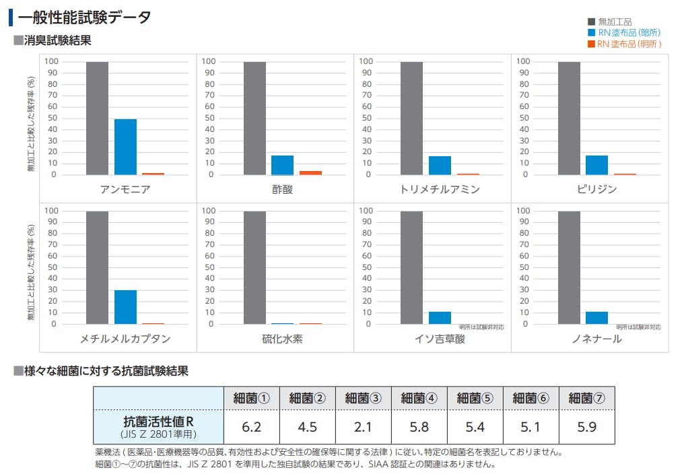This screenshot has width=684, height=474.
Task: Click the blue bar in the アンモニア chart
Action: (x=125, y=147)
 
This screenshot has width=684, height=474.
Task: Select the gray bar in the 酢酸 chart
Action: (x=254, y=118)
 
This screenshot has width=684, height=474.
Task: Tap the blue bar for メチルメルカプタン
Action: (x=125, y=307)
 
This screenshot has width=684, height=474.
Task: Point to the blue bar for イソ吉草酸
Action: (x=440, y=318)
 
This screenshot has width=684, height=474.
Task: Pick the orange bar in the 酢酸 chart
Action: (x=310, y=173)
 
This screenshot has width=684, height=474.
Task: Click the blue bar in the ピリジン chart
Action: (x=596, y=165)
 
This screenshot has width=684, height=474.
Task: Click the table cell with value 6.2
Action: (x=250, y=427)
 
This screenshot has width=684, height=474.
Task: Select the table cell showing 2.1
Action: (x=362, y=427)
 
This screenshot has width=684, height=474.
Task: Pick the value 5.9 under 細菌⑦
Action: (x=586, y=427)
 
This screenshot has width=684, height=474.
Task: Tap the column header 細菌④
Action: (x=418, y=398)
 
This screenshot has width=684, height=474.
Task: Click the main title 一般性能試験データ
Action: (x=84, y=18)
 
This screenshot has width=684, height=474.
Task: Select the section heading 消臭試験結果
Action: (x=57, y=40)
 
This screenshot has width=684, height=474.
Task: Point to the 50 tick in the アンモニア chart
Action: (x=52, y=118)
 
